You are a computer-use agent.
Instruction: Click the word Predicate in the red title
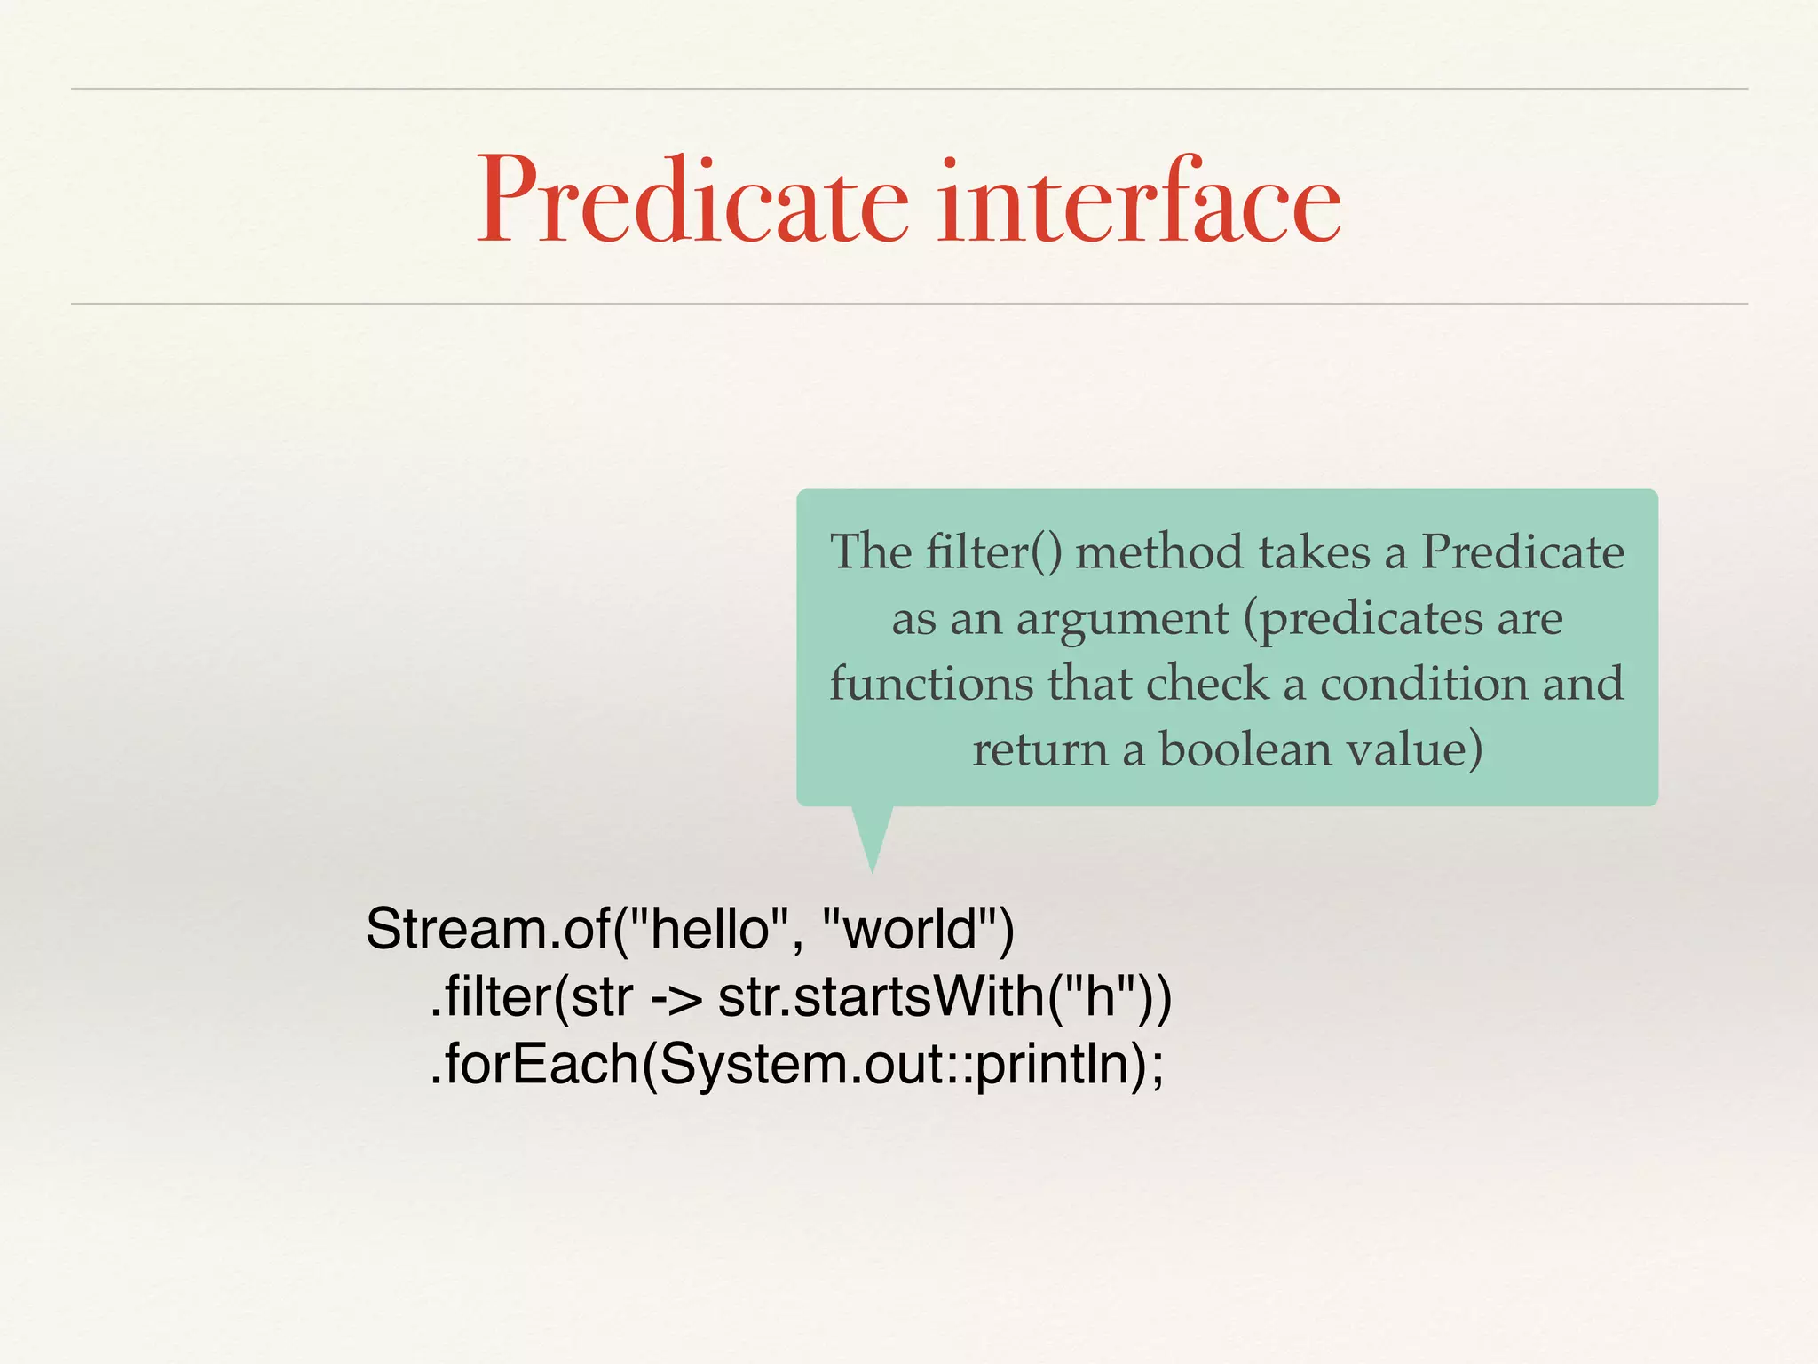pyautogui.click(x=692, y=202)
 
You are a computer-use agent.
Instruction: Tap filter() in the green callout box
pyautogui.click(x=993, y=552)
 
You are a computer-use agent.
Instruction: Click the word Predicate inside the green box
pyautogui.click(x=1522, y=552)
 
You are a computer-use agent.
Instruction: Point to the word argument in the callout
pyautogui.click(x=1123, y=620)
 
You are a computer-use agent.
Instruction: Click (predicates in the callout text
pyautogui.click(x=1363, y=620)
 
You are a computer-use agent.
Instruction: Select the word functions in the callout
pyautogui.click(x=931, y=684)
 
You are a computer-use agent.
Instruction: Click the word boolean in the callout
pyautogui.click(x=1245, y=749)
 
